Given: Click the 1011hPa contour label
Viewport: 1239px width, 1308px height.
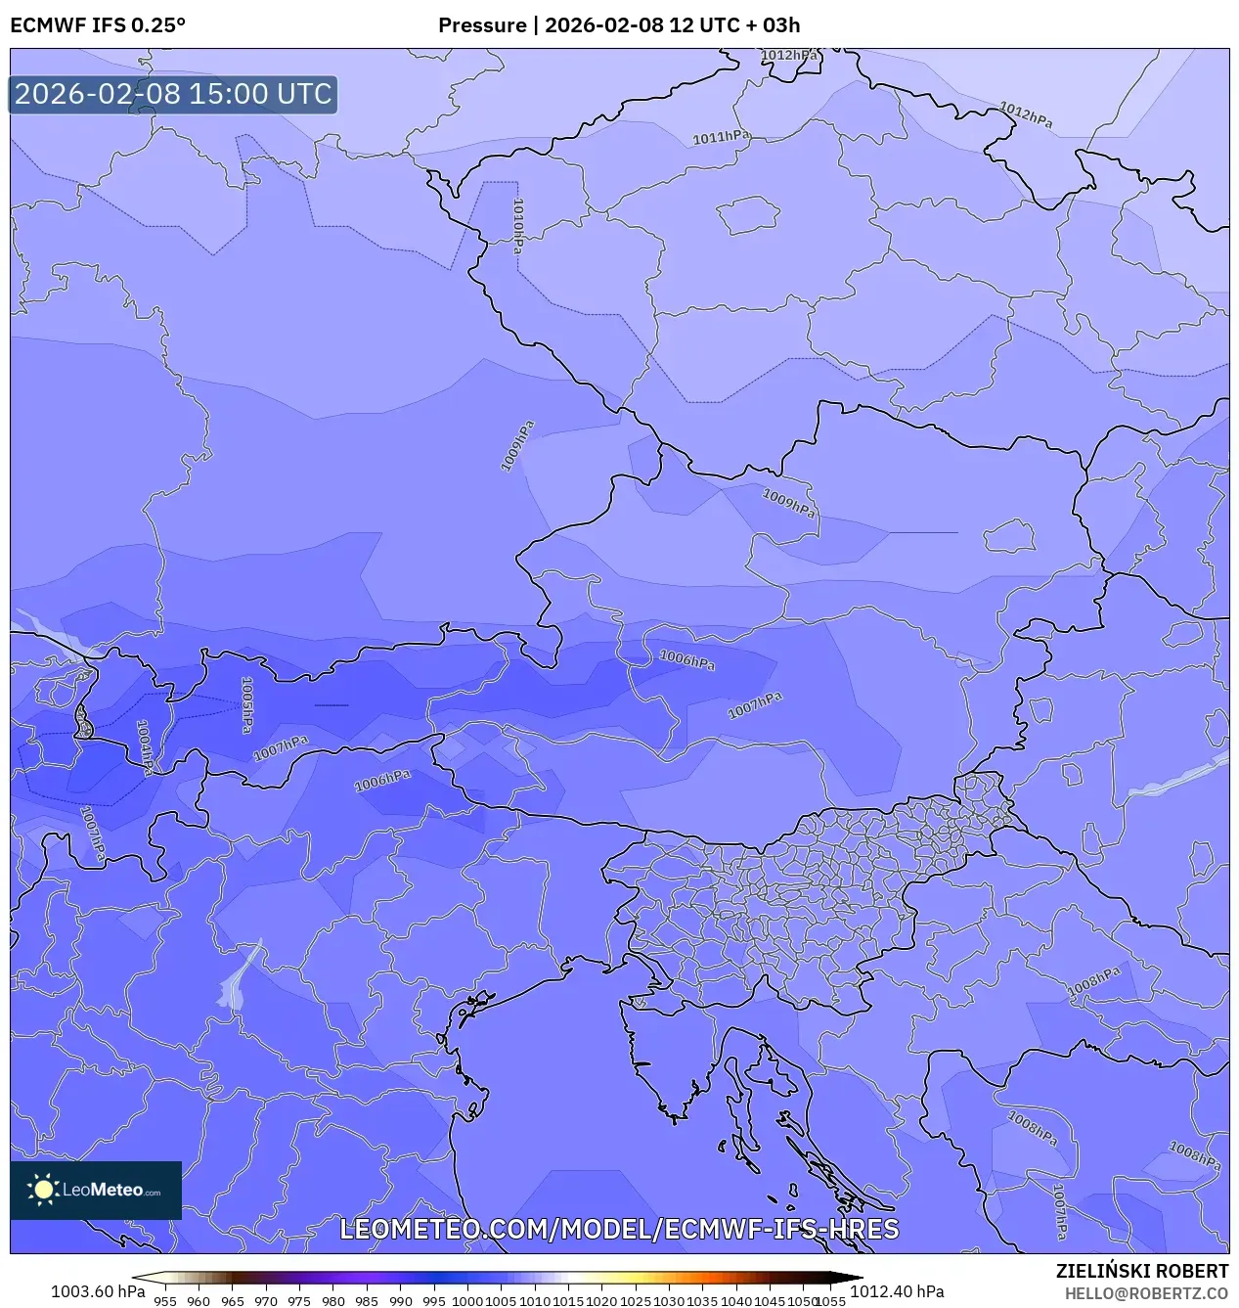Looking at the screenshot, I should tap(721, 138).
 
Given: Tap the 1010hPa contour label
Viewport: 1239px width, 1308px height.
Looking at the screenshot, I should tap(518, 226).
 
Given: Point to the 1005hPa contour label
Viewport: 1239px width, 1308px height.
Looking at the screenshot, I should tap(247, 704).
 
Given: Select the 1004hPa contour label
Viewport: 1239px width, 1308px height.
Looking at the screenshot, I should tap(144, 747).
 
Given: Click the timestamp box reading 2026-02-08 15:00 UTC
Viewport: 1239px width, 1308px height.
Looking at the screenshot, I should tap(173, 94).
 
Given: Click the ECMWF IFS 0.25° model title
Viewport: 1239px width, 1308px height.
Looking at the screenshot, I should tap(98, 25).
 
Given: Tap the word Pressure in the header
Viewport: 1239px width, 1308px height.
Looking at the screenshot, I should tap(481, 25).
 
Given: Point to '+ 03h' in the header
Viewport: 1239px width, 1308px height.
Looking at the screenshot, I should tap(773, 25).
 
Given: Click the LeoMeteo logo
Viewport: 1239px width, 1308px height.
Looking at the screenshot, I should tap(96, 1190).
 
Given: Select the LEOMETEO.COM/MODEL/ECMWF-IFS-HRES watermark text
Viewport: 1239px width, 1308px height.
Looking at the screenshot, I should tap(619, 1229).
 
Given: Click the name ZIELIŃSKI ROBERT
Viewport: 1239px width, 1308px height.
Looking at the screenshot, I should tap(1141, 1271).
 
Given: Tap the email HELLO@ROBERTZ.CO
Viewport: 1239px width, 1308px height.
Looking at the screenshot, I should tap(1146, 1293).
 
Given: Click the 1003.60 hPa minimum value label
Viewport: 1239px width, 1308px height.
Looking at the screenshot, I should tap(98, 1291).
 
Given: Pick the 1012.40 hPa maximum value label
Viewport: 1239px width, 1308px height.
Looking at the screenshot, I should tap(897, 1291).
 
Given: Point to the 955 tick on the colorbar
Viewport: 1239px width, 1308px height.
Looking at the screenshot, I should tap(165, 1301).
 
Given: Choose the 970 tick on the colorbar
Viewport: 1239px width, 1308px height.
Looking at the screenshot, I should tap(266, 1301).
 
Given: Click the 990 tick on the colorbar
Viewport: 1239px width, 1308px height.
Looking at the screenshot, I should tap(400, 1301).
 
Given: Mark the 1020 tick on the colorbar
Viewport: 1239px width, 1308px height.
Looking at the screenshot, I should tap(601, 1301).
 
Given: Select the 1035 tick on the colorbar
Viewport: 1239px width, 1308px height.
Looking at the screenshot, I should tap(702, 1301).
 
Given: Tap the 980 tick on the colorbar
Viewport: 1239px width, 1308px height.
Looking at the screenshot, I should tap(333, 1301).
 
